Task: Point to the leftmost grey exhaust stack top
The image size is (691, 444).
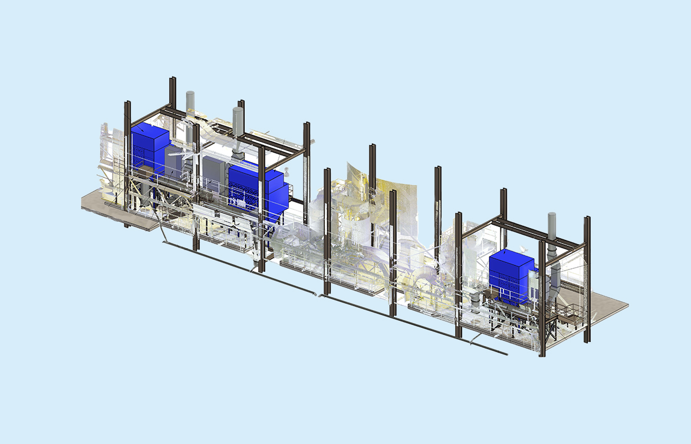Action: pyautogui.click(x=190, y=96)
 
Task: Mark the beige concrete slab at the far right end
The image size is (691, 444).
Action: pyautogui.click(x=607, y=304)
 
